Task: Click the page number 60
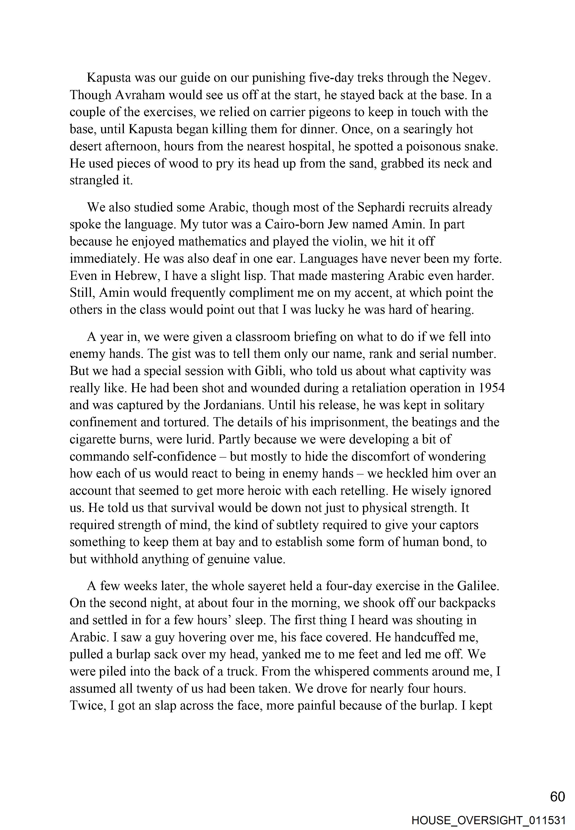point(557,797)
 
